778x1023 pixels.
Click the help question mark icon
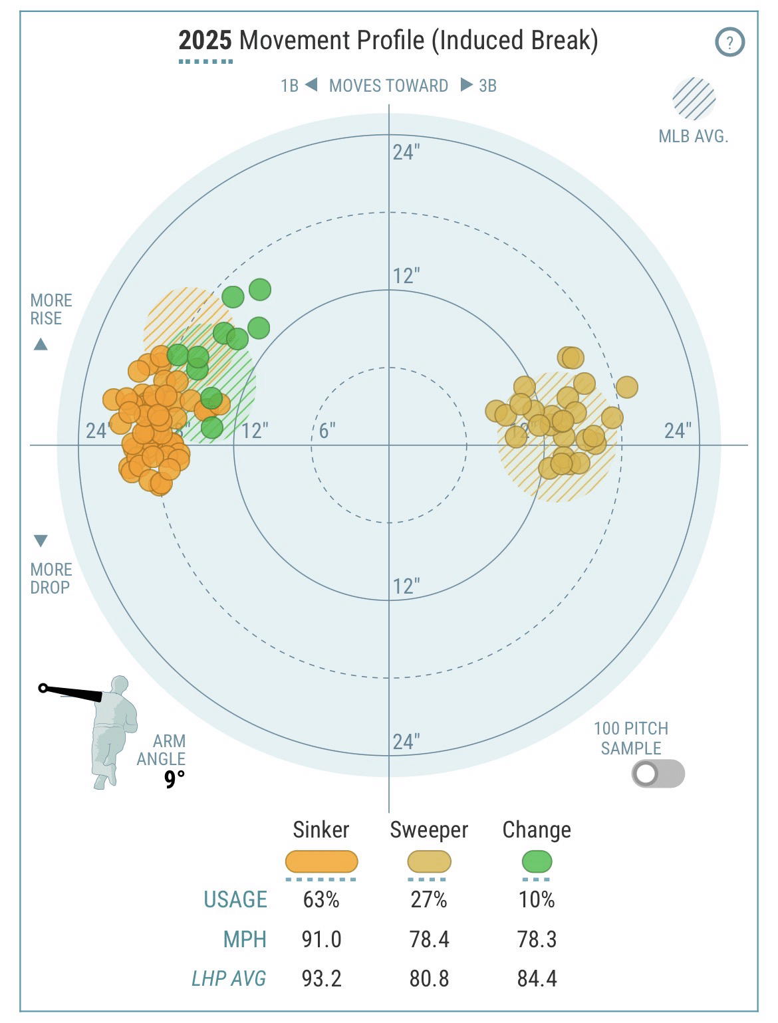[x=729, y=43]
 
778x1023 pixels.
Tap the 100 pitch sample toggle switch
[x=658, y=774]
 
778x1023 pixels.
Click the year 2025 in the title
[x=205, y=41]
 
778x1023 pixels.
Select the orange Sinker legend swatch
[x=321, y=861]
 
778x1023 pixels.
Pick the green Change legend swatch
[x=537, y=862]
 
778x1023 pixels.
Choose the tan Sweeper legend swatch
[x=429, y=862]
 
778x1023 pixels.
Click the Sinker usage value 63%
[x=321, y=899]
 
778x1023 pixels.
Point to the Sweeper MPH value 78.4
[x=429, y=939]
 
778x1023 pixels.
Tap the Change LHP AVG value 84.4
[x=537, y=978]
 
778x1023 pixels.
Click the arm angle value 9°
[x=174, y=779]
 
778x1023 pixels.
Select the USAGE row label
[x=235, y=899]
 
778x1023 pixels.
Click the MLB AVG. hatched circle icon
[x=694, y=100]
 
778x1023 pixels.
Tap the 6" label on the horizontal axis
[x=326, y=431]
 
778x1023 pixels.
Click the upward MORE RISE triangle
[x=41, y=344]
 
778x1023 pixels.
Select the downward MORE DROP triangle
[x=41, y=540]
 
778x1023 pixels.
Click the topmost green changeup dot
[x=260, y=290]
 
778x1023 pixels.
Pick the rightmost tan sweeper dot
[x=626, y=386]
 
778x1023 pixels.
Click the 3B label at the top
[x=487, y=86]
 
